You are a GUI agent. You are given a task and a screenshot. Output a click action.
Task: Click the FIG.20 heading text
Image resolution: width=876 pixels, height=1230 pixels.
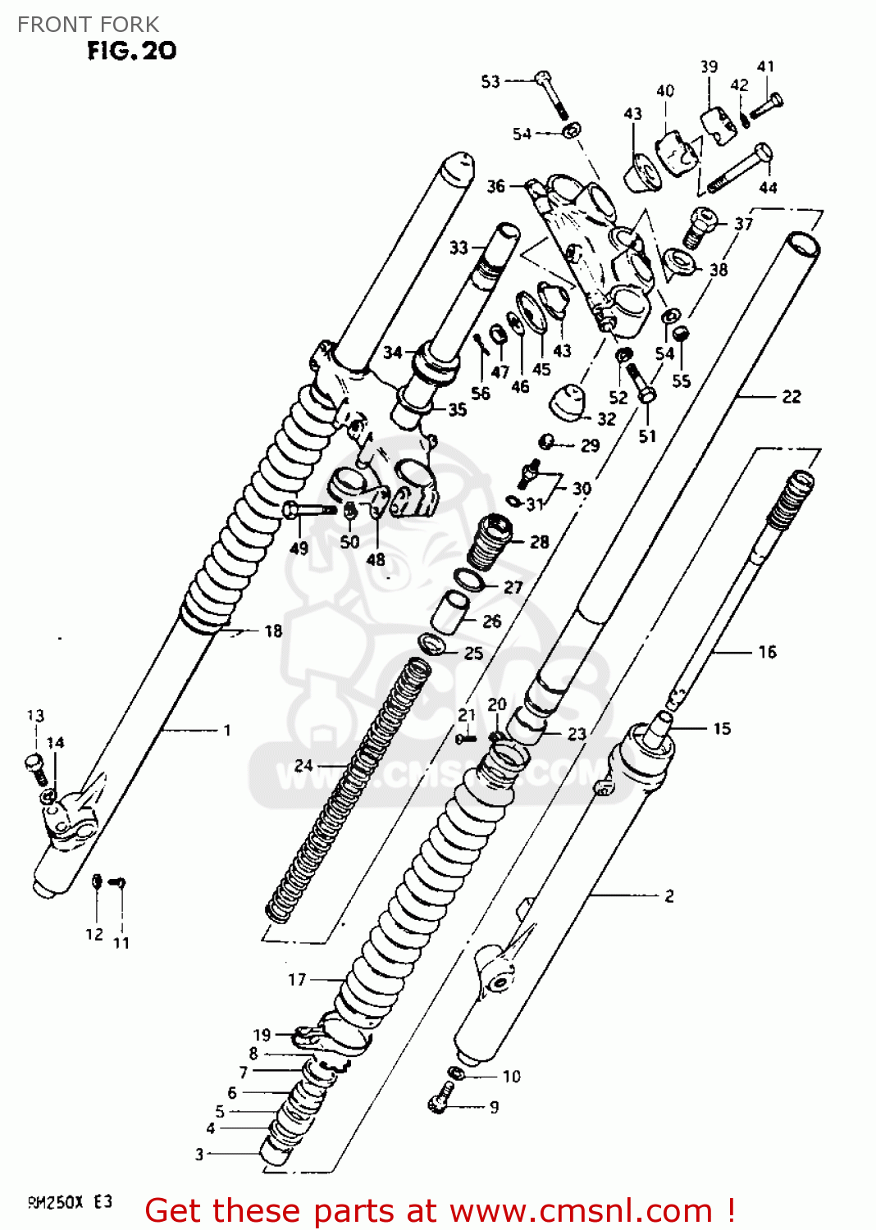click(131, 51)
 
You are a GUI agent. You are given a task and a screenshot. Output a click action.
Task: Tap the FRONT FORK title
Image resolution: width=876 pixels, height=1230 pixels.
click(88, 25)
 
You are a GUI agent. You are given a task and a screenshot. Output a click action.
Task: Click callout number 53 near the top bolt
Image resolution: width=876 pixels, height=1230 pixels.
click(490, 81)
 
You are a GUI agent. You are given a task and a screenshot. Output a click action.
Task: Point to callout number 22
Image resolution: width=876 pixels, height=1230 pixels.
click(791, 397)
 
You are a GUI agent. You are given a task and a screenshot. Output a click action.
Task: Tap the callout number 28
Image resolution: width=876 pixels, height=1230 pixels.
click(539, 542)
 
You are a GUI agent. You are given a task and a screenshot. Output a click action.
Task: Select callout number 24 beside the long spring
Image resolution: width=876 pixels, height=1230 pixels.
click(303, 765)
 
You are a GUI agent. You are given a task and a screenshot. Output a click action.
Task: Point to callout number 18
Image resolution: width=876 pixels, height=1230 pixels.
click(273, 631)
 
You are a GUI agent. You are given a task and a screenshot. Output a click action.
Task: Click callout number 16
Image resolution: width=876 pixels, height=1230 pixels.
click(767, 652)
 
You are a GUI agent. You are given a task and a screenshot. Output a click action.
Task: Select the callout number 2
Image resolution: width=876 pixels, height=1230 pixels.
click(669, 895)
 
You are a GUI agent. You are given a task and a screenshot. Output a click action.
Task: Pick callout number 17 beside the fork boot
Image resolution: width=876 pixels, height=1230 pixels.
click(297, 979)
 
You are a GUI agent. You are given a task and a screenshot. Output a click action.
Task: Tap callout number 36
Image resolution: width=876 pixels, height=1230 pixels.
click(495, 186)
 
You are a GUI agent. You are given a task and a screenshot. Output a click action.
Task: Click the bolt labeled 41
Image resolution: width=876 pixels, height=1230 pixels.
click(768, 105)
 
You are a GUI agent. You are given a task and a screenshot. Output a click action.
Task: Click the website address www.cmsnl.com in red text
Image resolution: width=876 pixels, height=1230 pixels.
click(581, 1210)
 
